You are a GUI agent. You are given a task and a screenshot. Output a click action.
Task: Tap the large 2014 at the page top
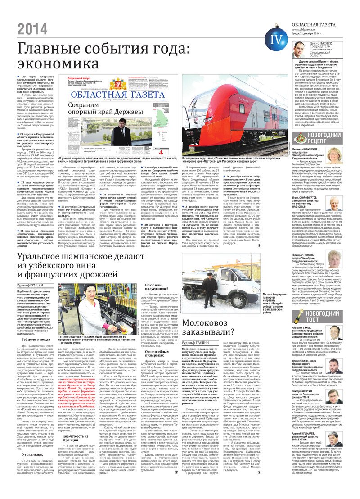pyautogui.click(x=32, y=29)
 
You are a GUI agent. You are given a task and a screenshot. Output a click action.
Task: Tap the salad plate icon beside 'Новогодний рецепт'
pyautogui.click(x=301, y=138)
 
